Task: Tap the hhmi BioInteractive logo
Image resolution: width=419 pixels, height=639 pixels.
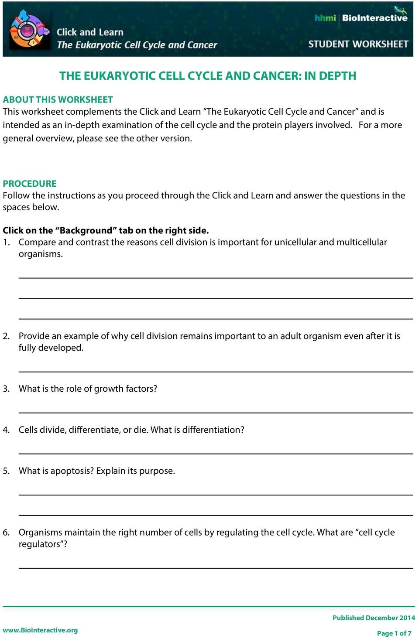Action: pos(361,17)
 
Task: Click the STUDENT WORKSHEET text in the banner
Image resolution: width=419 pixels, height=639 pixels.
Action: pos(358,44)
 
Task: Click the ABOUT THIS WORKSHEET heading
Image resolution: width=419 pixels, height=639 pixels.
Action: pos(58,99)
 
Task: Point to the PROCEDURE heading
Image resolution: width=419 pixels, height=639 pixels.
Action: pos(30,184)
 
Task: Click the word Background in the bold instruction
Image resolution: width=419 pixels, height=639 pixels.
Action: pos(86,230)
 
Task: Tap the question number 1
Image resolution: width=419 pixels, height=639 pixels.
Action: pos(6,242)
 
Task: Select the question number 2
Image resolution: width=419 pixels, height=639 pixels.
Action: pos(6,336)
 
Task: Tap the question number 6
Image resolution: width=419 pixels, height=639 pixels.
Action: pos(6,532)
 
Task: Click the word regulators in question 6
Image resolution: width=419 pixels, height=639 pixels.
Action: pos(42,544)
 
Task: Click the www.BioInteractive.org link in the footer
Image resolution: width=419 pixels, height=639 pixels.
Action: pos(40,630)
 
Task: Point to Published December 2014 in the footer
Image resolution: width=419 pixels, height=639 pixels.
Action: pos(374,618)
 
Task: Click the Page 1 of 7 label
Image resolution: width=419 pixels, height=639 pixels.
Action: pos(394,633)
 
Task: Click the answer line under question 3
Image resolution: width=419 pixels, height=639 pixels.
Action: pos(216,412)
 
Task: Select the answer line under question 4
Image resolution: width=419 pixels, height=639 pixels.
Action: pos(216,454)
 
